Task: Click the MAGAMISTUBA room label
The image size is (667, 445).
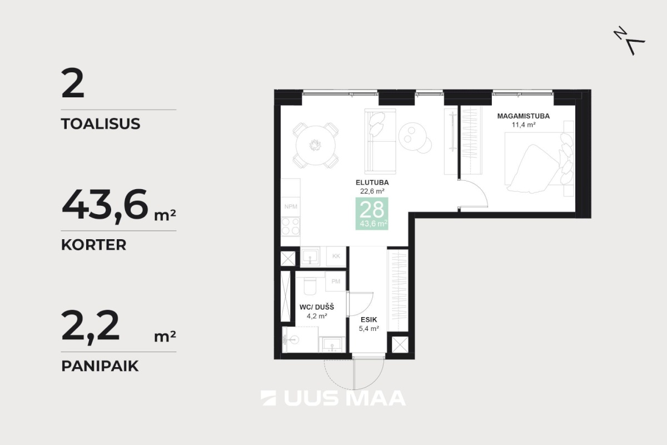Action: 523,116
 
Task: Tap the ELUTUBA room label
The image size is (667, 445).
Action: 372,182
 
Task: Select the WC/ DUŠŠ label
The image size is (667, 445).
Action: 317,307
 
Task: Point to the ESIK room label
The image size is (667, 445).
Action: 369,319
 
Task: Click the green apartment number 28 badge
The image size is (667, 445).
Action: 372,214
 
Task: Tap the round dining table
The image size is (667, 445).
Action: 315,145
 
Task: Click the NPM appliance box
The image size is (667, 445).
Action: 291,206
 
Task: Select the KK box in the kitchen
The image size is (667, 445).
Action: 336,256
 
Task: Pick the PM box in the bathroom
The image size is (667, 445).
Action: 336,281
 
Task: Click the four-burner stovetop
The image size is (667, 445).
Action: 291,226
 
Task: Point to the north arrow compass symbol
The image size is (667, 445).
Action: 629,41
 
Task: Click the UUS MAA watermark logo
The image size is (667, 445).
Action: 333,398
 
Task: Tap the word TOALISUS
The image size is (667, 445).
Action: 101,123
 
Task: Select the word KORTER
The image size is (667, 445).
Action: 94,245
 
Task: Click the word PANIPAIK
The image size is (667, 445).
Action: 100,365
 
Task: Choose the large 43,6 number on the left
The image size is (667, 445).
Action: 105,205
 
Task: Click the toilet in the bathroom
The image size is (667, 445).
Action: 310,285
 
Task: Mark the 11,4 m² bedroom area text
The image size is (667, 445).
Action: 524,125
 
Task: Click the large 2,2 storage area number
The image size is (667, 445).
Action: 90,327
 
